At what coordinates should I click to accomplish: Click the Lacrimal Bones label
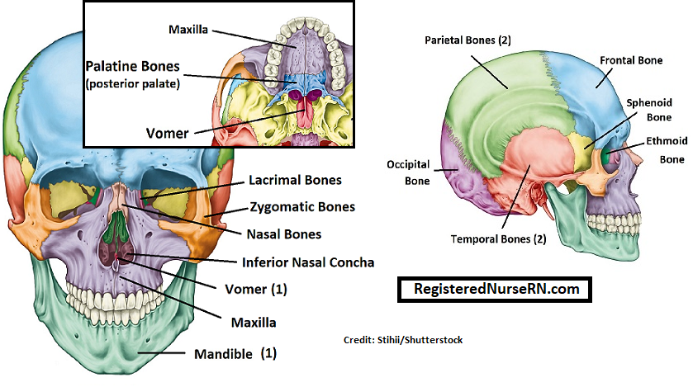(295, 180)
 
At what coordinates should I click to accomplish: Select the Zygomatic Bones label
(303, 206)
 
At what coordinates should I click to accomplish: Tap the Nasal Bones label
(284, 234)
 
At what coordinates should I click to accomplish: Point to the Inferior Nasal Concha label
(308, 262)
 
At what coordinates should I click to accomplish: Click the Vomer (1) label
(256, 289)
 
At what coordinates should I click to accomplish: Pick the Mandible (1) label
(235, 353)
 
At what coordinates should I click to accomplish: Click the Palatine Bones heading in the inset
(133, 66)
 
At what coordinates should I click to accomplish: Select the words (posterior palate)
(133, 84)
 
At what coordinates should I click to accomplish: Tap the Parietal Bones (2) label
(468, 40)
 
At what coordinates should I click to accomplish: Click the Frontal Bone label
(631, 60)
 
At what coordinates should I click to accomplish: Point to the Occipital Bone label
(408, 172)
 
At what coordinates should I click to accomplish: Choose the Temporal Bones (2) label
(498, 239)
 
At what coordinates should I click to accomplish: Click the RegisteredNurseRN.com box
(495, 290)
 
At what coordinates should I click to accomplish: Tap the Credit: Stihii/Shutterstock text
(403, 340)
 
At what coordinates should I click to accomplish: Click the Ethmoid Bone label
(667, 150)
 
